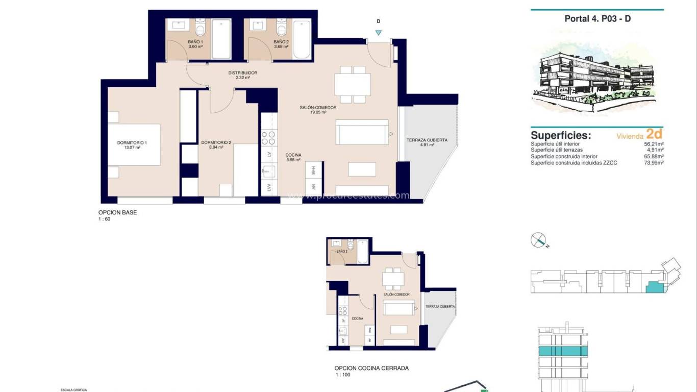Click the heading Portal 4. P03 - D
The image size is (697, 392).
[598, 19]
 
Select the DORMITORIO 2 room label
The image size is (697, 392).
[216, 142]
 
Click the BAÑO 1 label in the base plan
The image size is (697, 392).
[195, 42]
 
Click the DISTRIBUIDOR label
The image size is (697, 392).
[242, 73]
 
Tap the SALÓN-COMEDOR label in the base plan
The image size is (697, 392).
[318, 108]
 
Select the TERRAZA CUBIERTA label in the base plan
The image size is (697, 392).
[427, 140]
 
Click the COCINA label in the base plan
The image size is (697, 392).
[293, 155]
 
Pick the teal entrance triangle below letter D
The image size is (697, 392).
[378, 32]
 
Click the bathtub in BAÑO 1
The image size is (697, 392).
[221, 39]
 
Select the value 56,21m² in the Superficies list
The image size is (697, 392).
[654, 144]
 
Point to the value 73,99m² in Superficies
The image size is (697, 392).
[654, 163]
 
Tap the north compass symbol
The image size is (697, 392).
[539, 239]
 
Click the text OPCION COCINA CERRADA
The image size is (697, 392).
[371, 368]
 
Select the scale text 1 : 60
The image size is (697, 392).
[104, 219]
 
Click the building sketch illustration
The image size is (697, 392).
[597, 77]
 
